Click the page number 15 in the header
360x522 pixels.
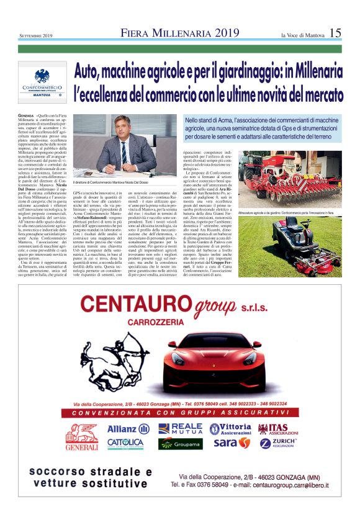[335, 32]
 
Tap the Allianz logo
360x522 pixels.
[127, 429]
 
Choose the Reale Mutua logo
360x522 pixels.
[180, 429]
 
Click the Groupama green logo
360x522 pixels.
[180, 444]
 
